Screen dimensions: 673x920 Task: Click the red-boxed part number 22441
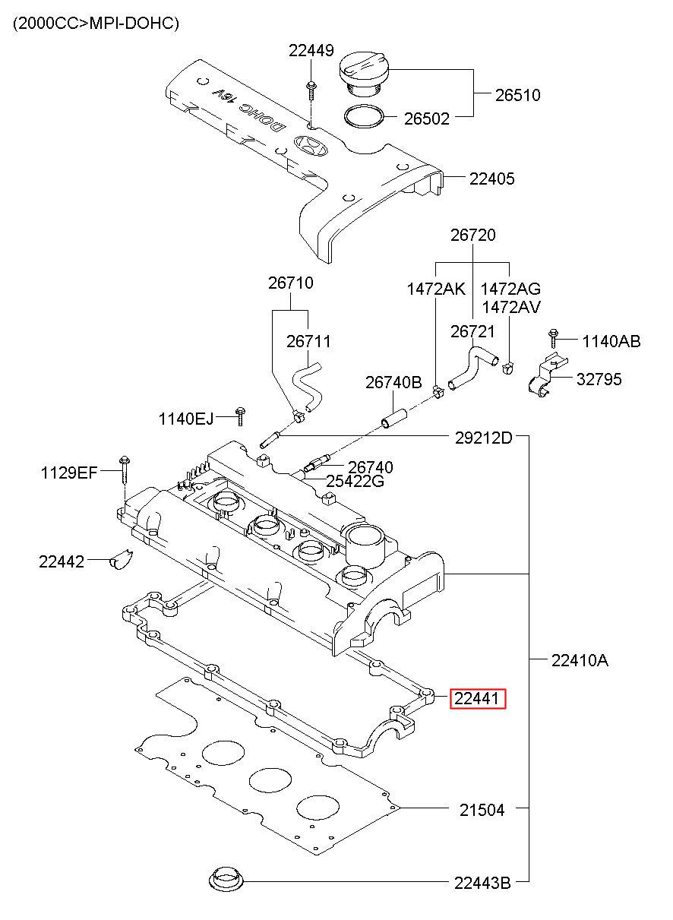(478, 698)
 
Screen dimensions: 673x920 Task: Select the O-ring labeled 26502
(364, 116)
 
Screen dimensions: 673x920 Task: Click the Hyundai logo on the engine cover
(311, 145)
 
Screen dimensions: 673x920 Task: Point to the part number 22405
(491, 179)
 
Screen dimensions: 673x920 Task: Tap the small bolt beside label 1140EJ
(240, 416)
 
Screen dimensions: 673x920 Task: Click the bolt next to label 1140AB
(553, 338)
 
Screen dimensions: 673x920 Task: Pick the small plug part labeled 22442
(121, 559)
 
